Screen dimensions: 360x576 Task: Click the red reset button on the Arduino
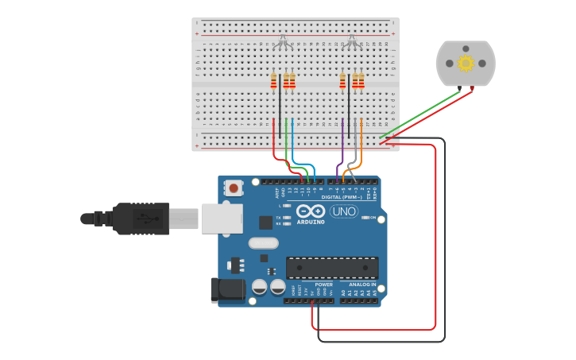click(234, 188)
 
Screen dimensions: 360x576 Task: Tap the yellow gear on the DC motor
click(466, 63)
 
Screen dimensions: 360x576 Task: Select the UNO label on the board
click(343, 211)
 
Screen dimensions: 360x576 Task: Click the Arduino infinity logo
click(311, 211)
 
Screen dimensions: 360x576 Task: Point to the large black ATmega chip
click(332, 268)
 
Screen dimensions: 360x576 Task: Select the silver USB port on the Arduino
click(222, 219)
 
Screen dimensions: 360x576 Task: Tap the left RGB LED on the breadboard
click(283, 41)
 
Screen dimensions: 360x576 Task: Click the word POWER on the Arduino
click(323, 284)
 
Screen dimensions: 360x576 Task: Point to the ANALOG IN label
click(361, 284)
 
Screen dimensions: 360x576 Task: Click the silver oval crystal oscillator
click(264, 243)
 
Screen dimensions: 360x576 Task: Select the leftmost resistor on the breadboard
click(274, 81)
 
